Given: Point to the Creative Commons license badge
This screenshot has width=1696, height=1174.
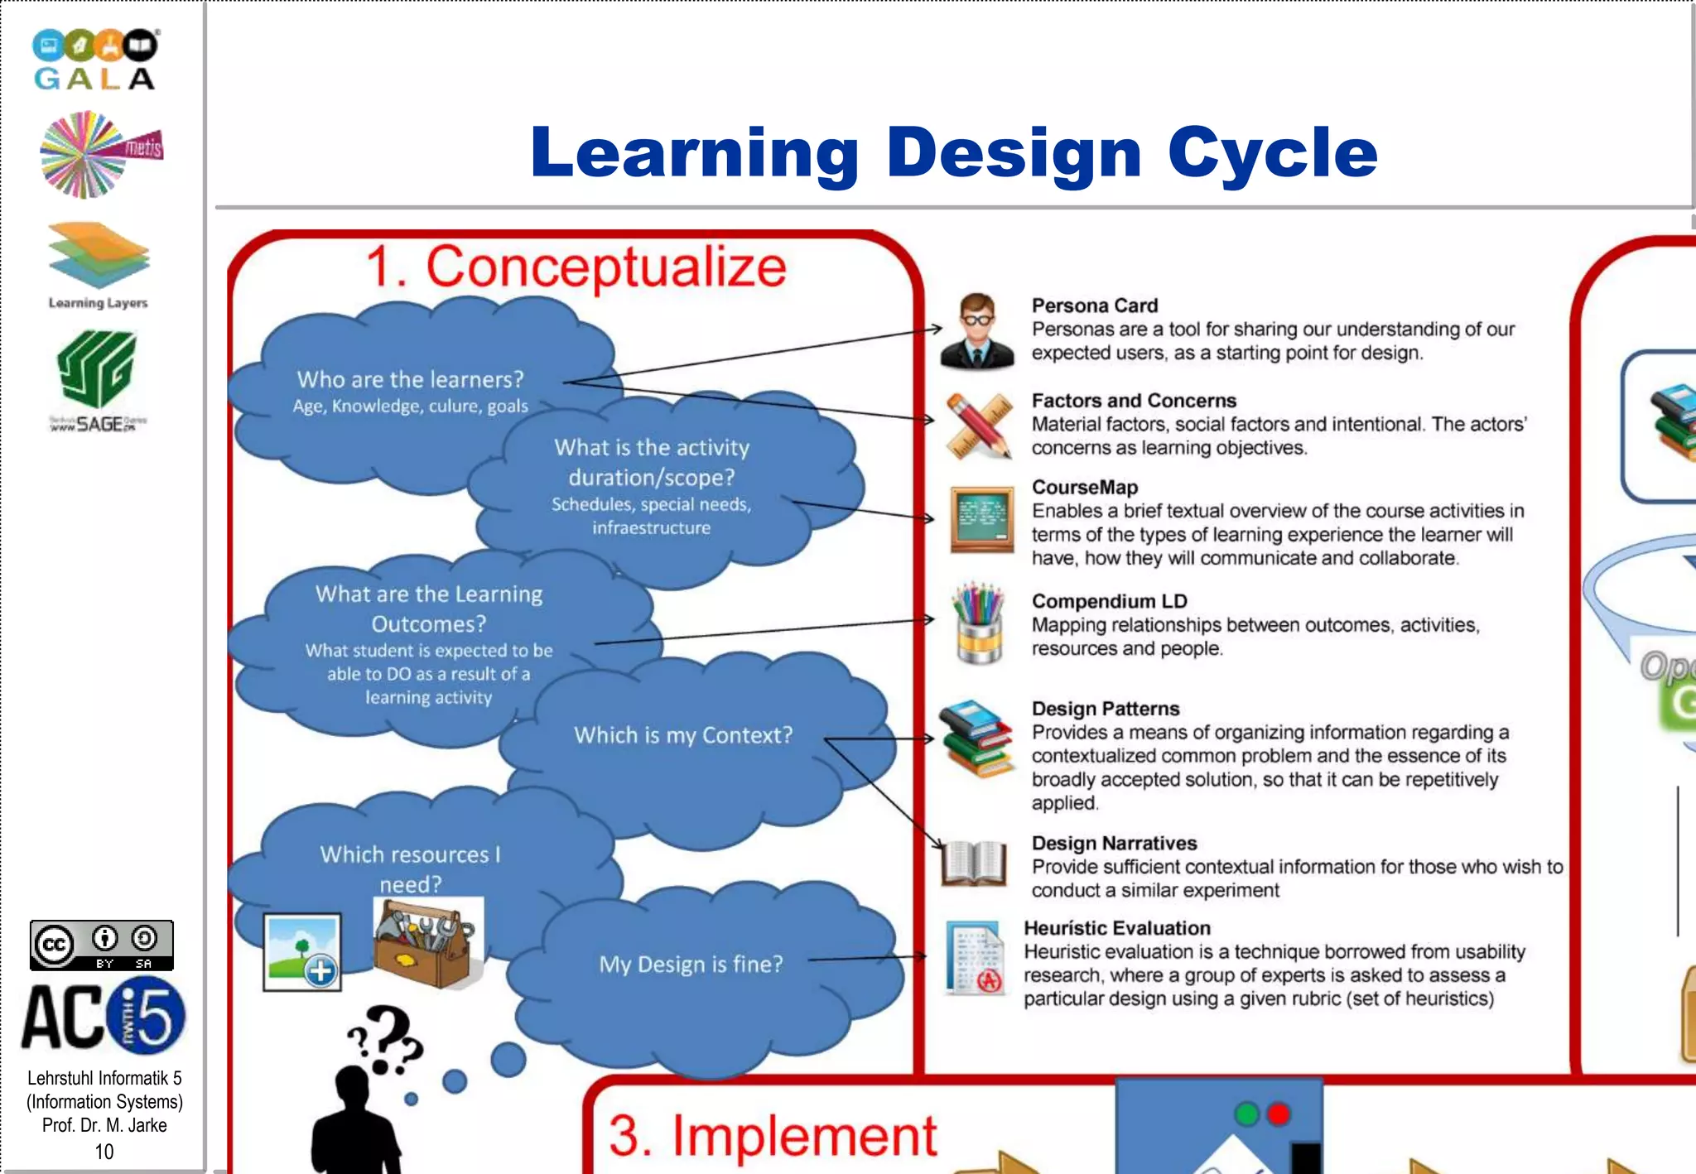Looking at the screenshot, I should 101,945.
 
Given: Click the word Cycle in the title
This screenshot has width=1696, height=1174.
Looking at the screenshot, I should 1272,153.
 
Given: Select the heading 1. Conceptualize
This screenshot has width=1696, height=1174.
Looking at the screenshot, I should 576,267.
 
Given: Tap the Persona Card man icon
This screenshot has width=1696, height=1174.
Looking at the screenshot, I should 977,331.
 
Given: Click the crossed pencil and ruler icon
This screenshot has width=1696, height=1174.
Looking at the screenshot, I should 979,426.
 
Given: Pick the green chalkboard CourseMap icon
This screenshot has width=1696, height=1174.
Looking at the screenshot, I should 981,519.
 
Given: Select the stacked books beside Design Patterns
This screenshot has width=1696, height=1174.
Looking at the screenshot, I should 976,739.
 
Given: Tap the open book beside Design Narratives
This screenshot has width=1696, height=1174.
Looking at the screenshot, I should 975,863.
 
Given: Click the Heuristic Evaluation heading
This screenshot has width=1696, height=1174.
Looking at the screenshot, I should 1116,928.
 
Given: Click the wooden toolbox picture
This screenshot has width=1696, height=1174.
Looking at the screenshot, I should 424,944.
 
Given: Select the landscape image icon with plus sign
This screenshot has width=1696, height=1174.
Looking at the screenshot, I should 302,952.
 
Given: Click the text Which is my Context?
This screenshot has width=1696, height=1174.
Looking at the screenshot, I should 683,735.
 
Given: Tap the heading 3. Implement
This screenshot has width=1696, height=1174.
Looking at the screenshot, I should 772,1135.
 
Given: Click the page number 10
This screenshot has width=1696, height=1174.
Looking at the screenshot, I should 104,1152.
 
